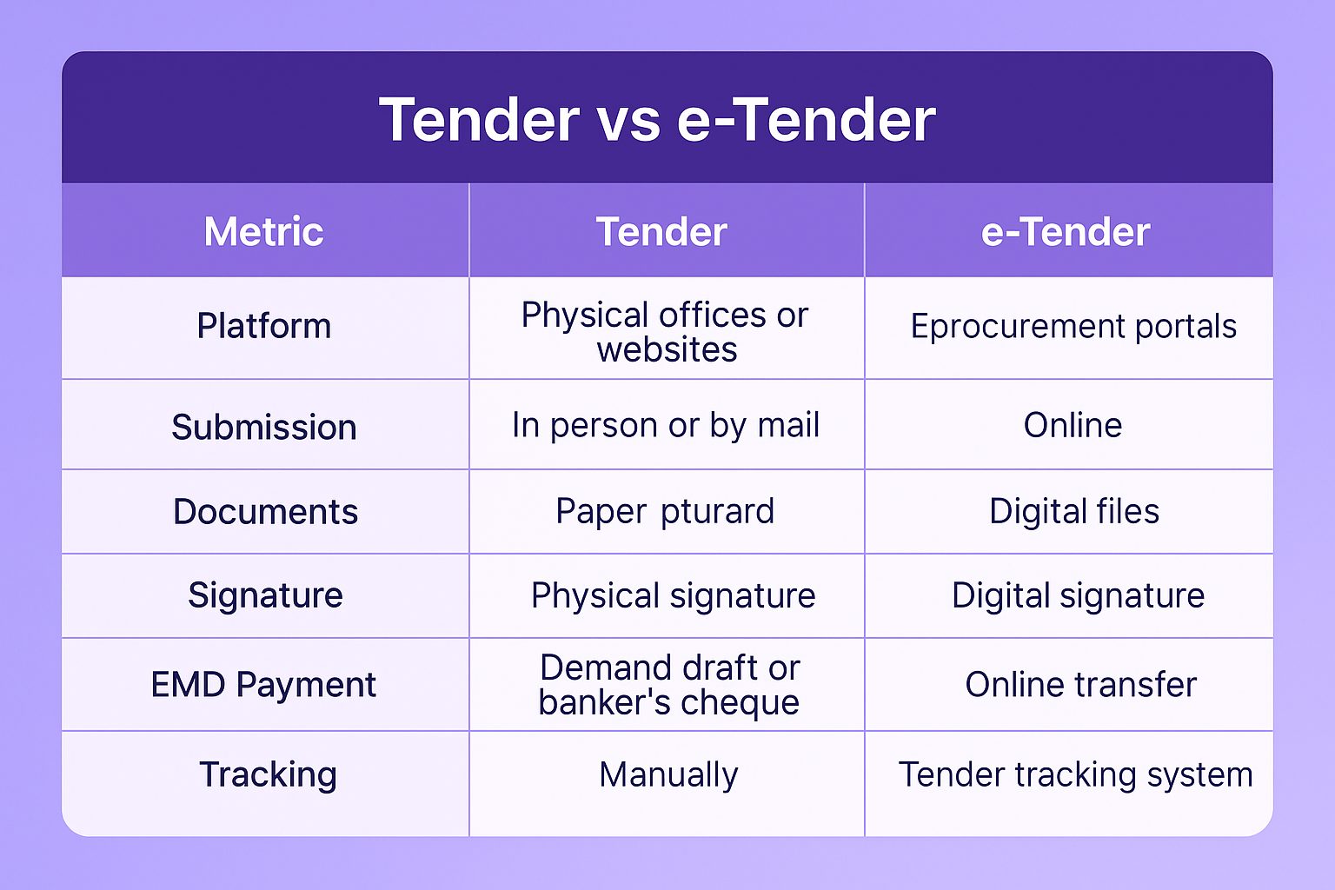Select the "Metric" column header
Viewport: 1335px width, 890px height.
click(x=264, y=231)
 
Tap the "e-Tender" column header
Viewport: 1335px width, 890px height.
click(x=1065, y=231)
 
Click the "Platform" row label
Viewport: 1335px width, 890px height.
click(x=264, y=326)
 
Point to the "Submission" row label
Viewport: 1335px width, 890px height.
click(x=264, y=427)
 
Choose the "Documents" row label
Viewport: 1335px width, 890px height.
click(x=265, y=511)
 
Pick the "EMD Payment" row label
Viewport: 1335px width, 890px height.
click(x=263, y=684)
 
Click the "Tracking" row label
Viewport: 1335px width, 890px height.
click(x=269, y=774)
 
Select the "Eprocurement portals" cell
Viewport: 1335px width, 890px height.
click(x=1073, y=327)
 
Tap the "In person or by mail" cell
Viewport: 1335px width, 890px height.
click(x=666, y=426)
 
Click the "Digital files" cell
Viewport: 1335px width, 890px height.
click(x=1074, y=511)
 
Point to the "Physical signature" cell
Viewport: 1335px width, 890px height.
click(x=673, y=595)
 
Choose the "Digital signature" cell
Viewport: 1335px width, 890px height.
click(x=1078, y=595)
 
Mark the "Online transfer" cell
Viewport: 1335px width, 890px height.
click(x=1080, y=684)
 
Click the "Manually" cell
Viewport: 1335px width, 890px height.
click(x=668, y=775)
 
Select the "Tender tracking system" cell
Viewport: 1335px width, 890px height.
click(x=1075, y=775)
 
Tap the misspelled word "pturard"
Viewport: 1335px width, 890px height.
click(x=717, y=511)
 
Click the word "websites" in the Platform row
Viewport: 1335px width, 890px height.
click(x=667, y=349)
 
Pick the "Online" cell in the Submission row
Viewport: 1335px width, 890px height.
click(x=1073, y=426)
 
